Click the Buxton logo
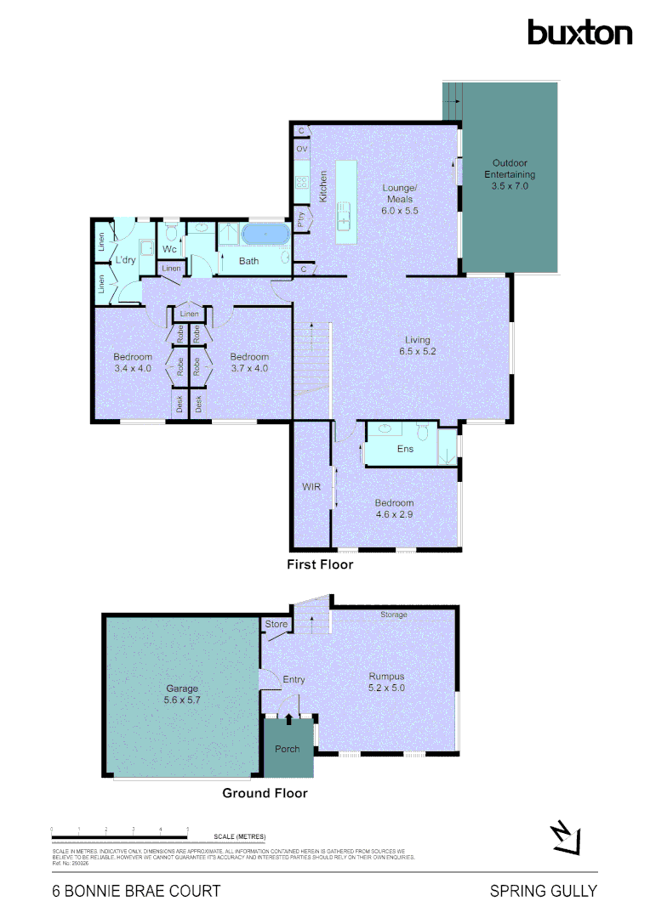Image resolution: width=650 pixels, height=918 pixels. pyautogui.click(x=579, y=32)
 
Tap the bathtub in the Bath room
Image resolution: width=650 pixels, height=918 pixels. pyautogui.click(x=265, y=235)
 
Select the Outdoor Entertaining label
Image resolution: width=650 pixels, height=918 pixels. pyautogui.click(x=510, y=173)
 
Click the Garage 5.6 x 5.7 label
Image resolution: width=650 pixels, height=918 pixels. pyautogui.click(x=182, y=694)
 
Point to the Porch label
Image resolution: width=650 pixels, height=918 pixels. pyautogui.click(x=288, y=749)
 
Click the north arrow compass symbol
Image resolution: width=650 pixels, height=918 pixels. pyautogui.click(x=565, y=837)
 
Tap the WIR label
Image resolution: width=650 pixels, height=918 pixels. pyautogui.click(x=311, y=487)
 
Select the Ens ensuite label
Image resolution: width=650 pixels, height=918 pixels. pyautogui.click(x=405, y=449)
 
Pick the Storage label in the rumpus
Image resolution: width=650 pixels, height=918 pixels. pyautogui.click(x=393, y=615)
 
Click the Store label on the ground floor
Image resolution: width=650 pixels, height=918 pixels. pyautogui.click(x=277, y=625)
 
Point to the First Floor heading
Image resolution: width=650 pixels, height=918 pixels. pyautogui.click(x=321, y=564)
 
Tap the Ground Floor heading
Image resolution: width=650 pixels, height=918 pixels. pyautogui.click(x=265, y=793)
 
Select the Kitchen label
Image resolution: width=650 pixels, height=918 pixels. pyautogui.click(x=323, y=186)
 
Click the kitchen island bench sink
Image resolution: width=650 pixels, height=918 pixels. pyautogui.click(x=344, y=216)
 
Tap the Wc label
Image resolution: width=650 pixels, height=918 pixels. pyautogui.click(x=169, y=250)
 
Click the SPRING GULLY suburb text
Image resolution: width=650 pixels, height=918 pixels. pyautogui.click(x=544, y=892)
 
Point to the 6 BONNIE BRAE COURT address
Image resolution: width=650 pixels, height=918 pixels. pyautogui.click(x=136, y=892)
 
